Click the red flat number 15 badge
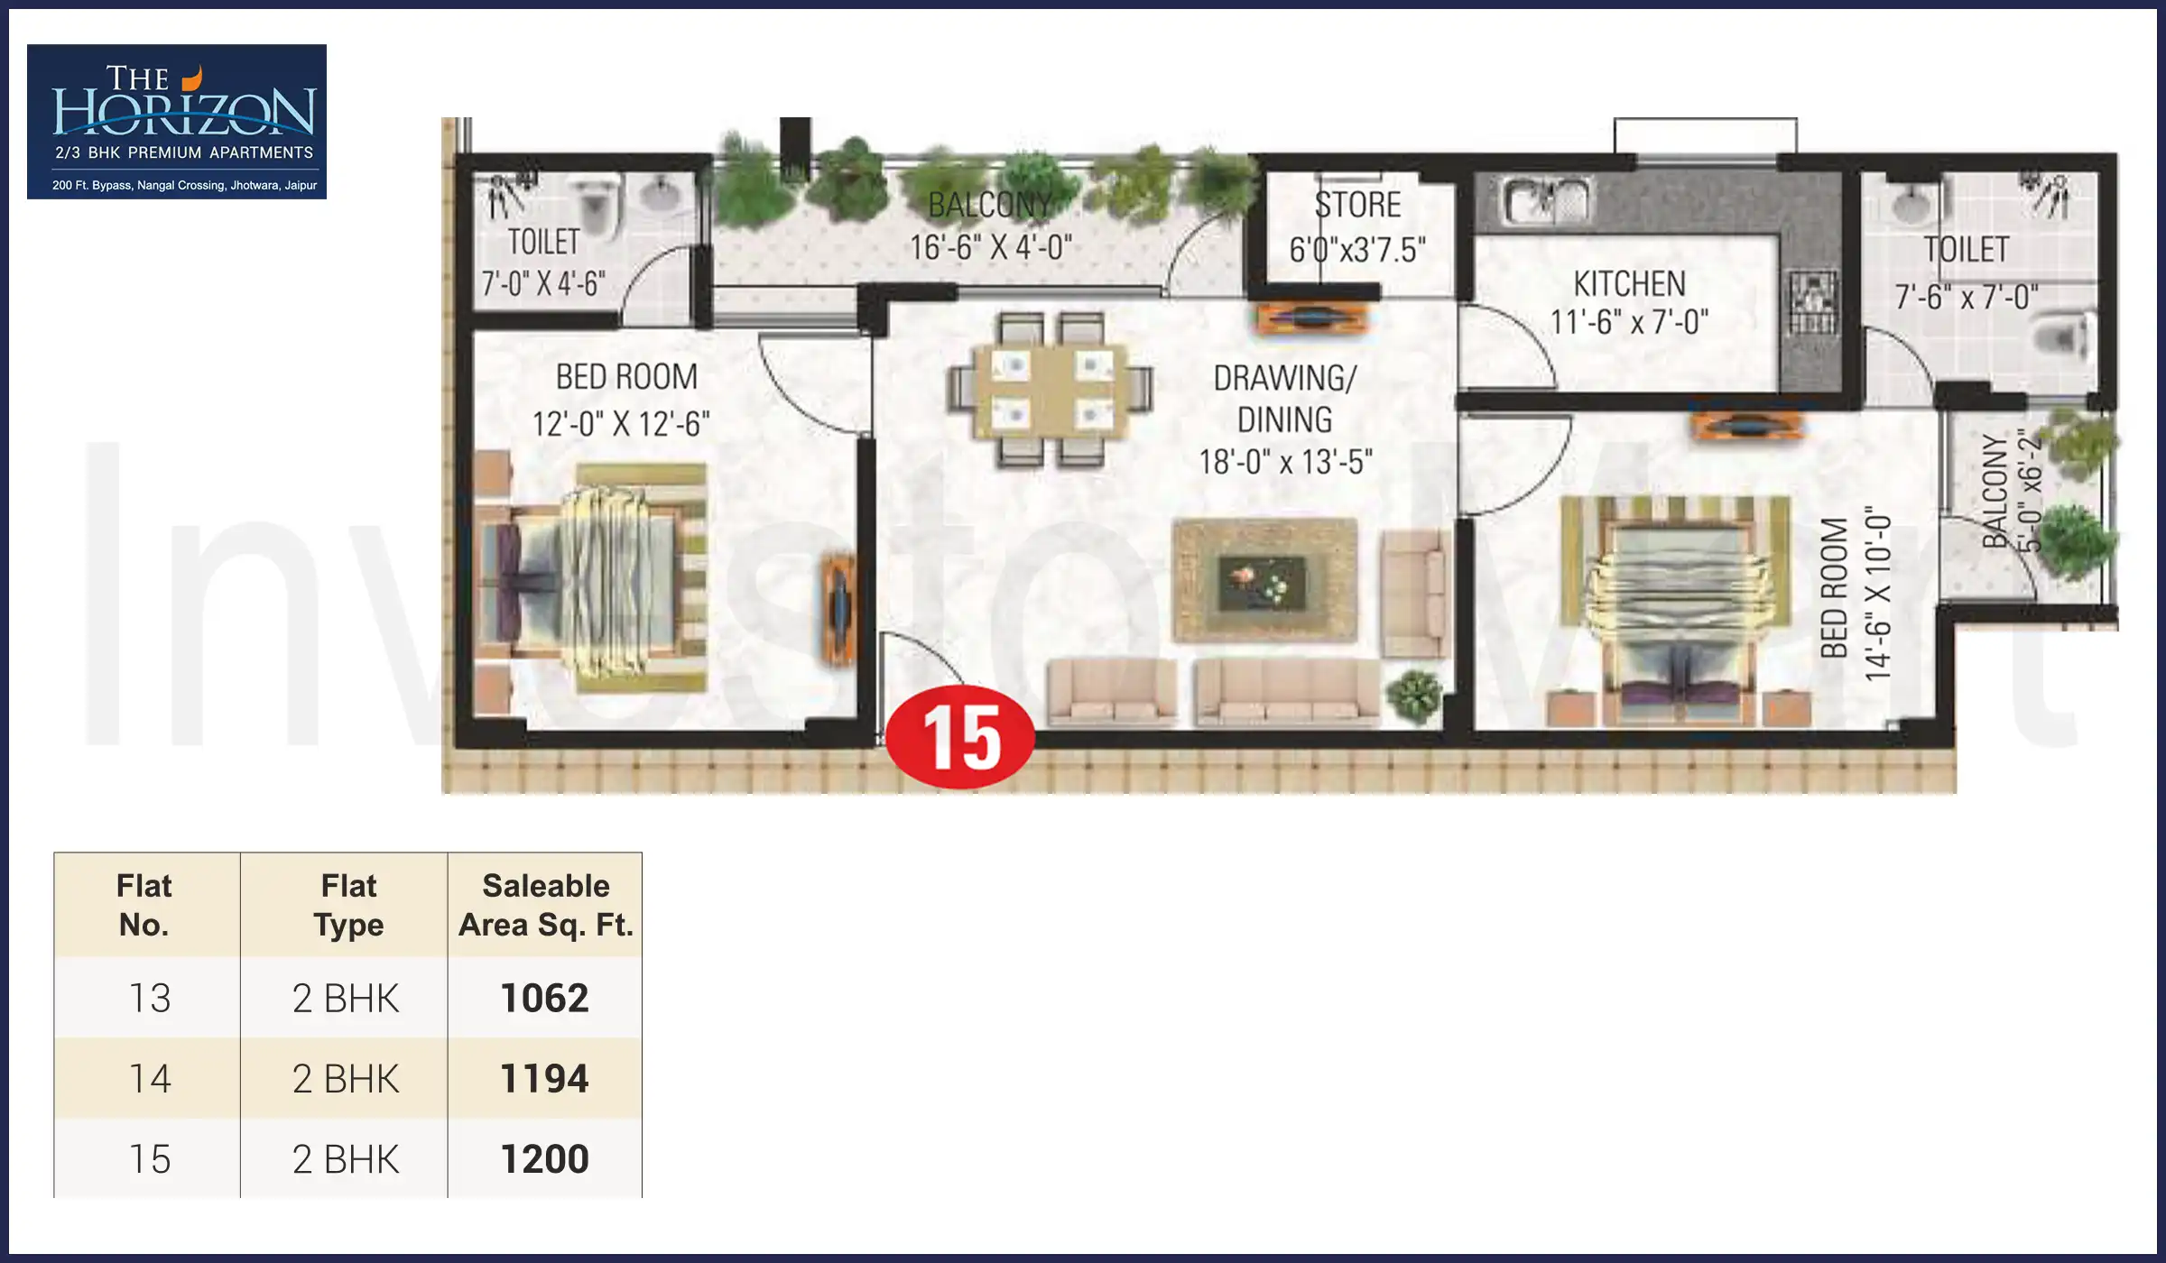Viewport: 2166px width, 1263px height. click(960, 737)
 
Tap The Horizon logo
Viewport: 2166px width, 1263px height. click(177, 121)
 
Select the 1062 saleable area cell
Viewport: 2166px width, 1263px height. click(544, 998)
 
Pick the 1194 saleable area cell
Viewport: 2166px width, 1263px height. click(544, 1078)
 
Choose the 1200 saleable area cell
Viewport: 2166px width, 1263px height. click(544, 1159)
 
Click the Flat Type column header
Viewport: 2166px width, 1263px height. click(348, 905)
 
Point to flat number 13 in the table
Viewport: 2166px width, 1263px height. click(149, 998)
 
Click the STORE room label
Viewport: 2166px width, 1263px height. click(1357, 206)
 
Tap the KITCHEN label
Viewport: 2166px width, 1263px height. click(1629, 284)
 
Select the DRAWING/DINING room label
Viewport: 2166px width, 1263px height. click(1284, 399)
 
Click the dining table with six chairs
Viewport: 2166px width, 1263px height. click(1050, 390)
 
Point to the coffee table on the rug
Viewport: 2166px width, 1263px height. click(1263, 582)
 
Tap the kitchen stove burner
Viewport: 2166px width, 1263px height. click(1811, 301)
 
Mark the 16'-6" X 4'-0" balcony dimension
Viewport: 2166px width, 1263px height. click(990, 247)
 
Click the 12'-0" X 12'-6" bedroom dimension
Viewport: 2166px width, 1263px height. click(621, 423)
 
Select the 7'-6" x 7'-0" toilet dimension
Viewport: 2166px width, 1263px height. click(1966, 296)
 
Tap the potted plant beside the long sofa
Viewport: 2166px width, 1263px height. click(1413, 696)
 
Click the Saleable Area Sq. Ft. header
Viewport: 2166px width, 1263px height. click(545, 905)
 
